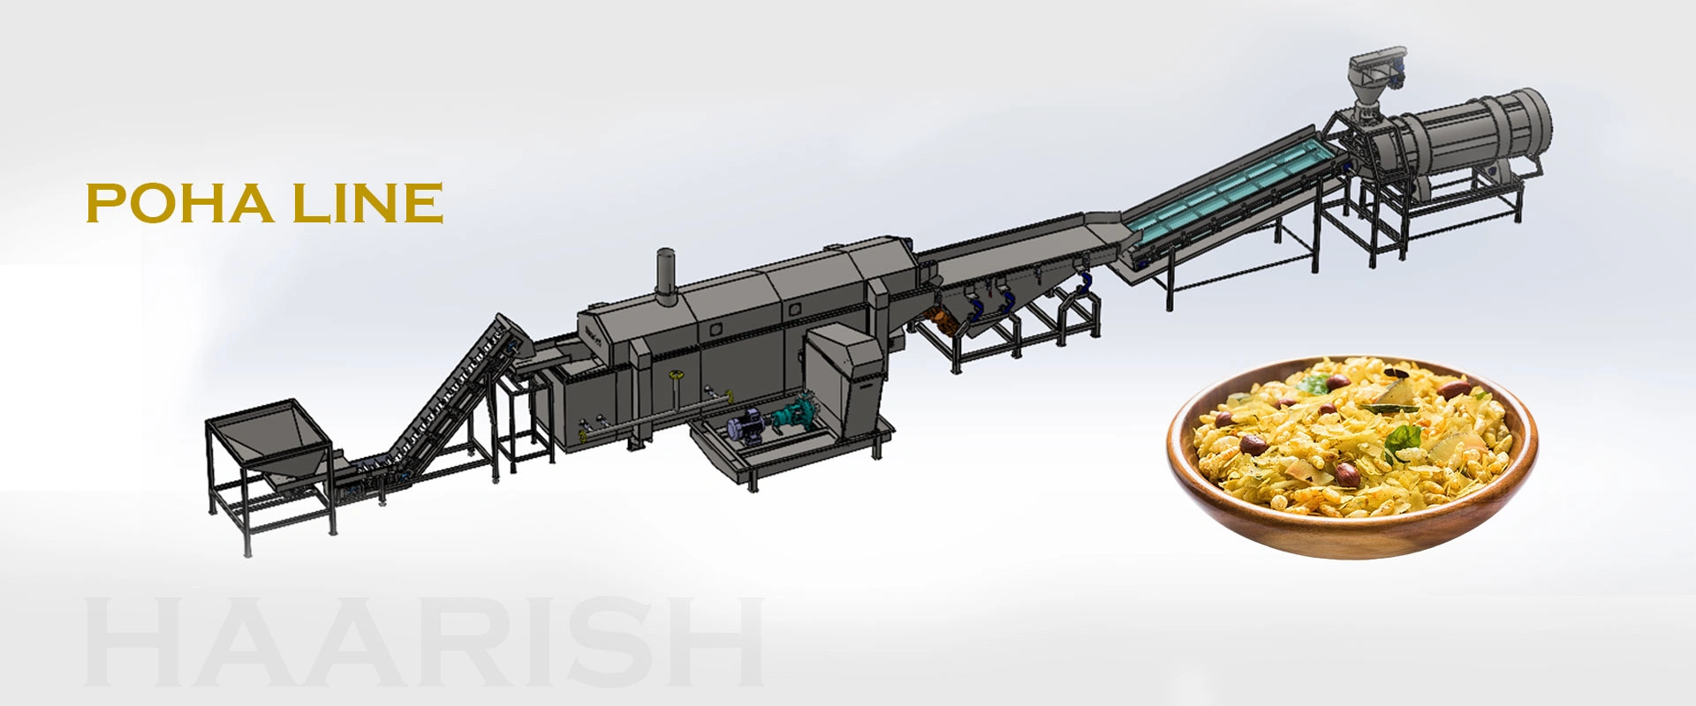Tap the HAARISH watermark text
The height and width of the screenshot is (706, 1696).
click(424, 642)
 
